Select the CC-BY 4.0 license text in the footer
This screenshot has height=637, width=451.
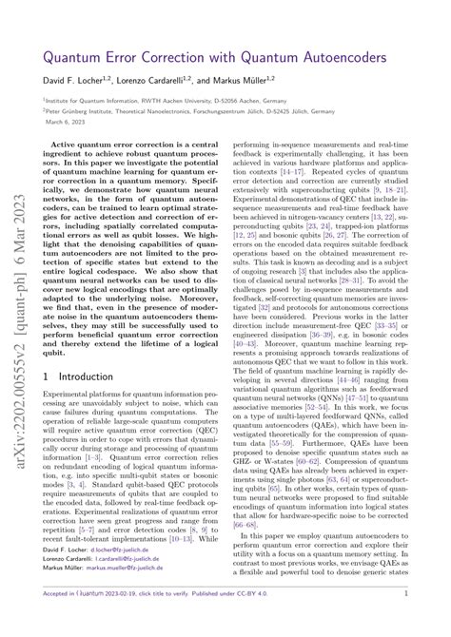point(291,617)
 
